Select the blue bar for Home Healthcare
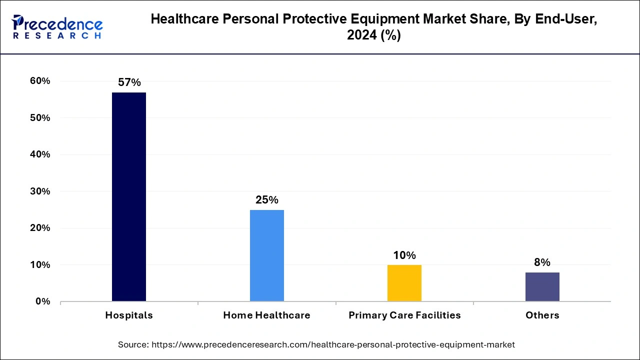click(x=267, y=255)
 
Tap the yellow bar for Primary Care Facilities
click(x=404, y=283)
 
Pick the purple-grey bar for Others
click(x=542, y=286)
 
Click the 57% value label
click(x=129, y=83)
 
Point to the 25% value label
click(x=267, y=200)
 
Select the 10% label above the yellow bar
click(x=404, y=255)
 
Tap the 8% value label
click(x=542, y=262)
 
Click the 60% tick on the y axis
click(x=40, y=81)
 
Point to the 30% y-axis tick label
click(x=40, y=191)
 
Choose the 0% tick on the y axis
click(x=43, y=301)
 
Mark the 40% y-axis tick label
click(x=40, y=154)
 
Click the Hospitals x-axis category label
click(x=129, y=315)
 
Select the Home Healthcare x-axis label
click(x=267, y=315)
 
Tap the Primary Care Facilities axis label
click(x=404, y=315)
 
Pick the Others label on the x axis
click(x=542, y=315)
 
